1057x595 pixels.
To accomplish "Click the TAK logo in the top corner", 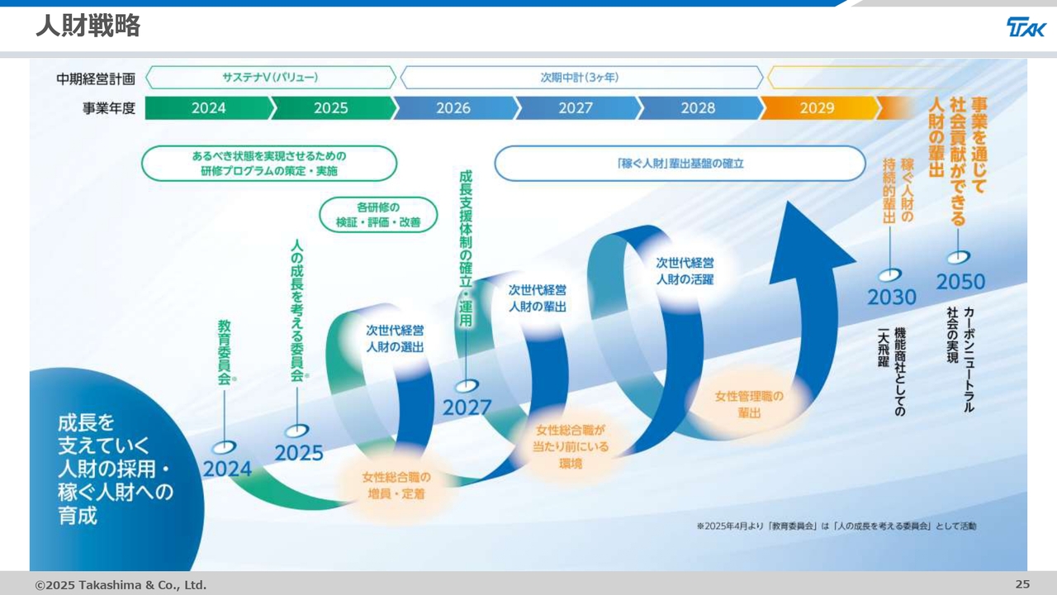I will click(1026, 27).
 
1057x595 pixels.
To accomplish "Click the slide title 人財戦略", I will click(88, 26).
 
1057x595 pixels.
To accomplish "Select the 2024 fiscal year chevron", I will click(208, 108).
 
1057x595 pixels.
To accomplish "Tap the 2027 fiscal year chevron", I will click(576, 108).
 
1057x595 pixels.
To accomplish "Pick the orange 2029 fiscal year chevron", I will click(817, 108).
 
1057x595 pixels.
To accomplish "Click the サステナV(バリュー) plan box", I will click(270, 78).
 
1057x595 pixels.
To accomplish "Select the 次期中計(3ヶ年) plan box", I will click(581, 78).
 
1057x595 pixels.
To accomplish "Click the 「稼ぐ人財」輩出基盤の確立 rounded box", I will click(679, 164).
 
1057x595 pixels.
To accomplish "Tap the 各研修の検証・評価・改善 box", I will click(378, 215).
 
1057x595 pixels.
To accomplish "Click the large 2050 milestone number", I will click(960, 282).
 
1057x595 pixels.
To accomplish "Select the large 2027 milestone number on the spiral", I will click(467, 407).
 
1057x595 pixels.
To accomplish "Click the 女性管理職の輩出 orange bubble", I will click(749, 404).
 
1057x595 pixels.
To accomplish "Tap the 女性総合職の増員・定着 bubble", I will click(396, 485).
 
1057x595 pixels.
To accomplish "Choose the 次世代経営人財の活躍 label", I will click(685, 271).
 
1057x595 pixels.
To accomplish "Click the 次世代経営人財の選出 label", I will click(395, 339).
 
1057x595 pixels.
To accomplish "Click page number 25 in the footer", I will click(1022, 584).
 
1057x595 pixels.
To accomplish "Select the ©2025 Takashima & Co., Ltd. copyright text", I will click(121, 585).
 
